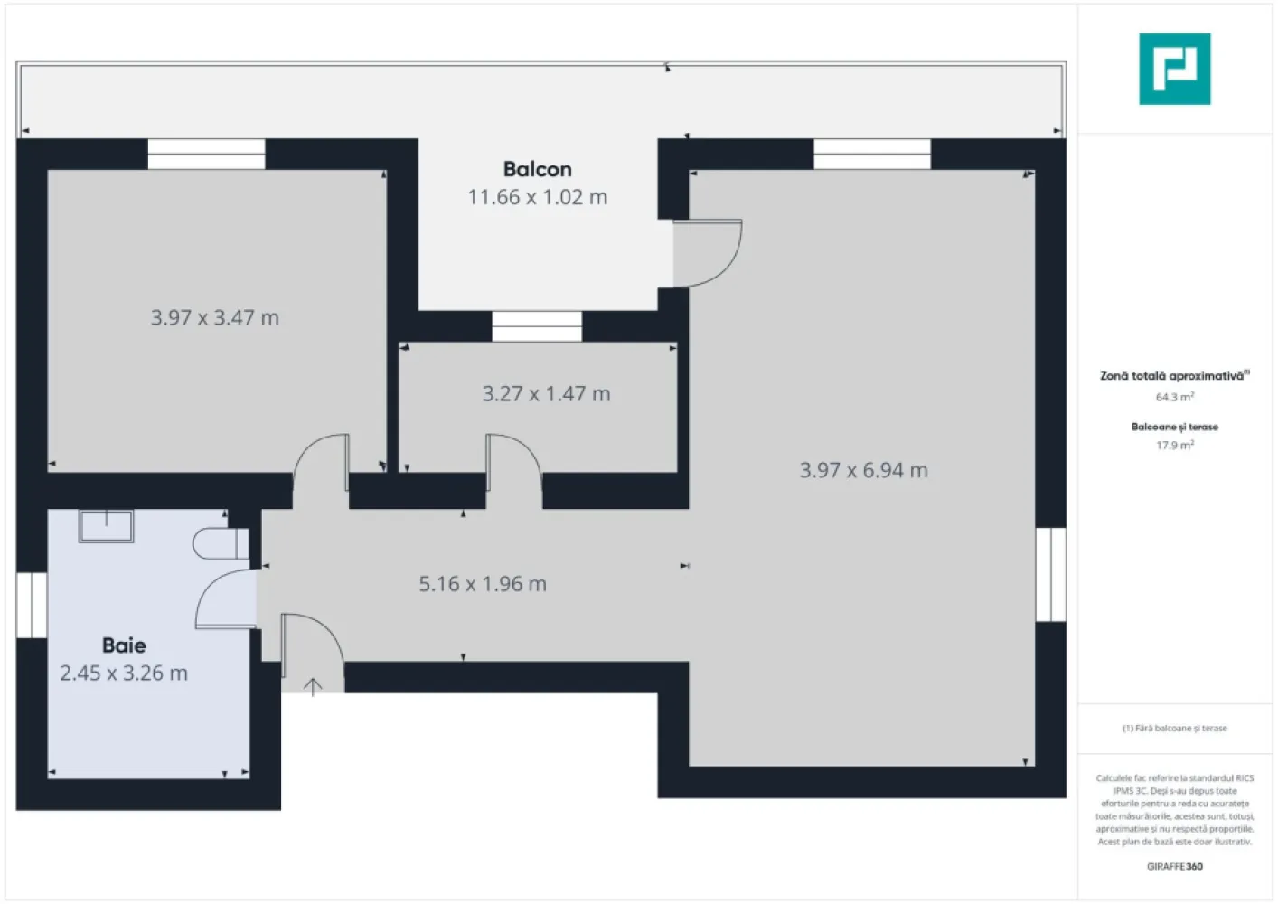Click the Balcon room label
537,169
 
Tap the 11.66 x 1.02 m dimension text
537,197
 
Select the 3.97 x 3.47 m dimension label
215,318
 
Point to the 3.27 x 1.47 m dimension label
546,394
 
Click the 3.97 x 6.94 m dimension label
863,470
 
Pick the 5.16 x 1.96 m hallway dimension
483,584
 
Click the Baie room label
124,645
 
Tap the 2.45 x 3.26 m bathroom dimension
124,673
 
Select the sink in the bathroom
107,525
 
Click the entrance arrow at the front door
313,687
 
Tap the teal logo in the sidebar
1174,70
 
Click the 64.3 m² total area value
1174,397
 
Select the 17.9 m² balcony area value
1174,446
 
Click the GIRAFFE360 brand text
1174,866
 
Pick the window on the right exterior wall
1050,575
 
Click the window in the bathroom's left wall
32,605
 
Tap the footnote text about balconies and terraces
1174,728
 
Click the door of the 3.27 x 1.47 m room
512,466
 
